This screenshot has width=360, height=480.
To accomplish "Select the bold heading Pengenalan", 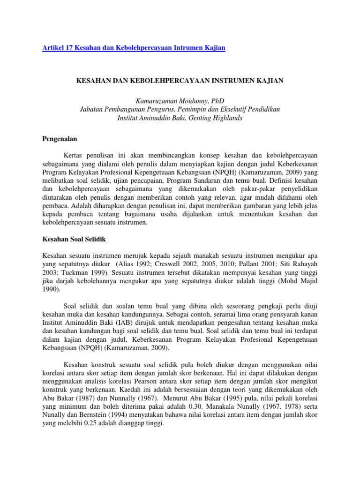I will click(x=60, y=139).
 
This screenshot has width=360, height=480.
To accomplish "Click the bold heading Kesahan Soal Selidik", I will click(x=74, y=240).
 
